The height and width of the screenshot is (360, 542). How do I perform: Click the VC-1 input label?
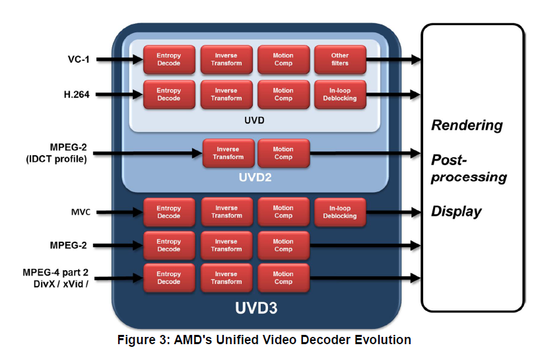click(x=77, y=59)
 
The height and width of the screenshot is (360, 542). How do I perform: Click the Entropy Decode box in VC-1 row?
click(x=169, y=59)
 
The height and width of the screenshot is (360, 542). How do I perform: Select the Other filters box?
click(x=340, y=59)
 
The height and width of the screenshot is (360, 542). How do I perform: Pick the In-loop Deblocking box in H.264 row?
click(x=340, y=94)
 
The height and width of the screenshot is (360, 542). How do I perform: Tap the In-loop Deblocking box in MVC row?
click(x=340, y=212)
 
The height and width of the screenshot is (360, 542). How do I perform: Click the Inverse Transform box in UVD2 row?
click(x=228, y=153)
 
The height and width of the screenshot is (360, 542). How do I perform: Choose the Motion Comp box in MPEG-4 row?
click(x=283, y=277)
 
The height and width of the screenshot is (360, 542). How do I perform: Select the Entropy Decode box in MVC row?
click(x=169, y=212)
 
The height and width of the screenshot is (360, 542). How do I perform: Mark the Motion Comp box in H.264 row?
click(x=283, y=94)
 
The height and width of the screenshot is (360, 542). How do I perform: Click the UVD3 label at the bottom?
click(x=255, y=308)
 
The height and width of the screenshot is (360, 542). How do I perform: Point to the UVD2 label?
click(x=254, y=178)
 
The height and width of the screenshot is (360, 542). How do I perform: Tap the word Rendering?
click(x=466, y=126)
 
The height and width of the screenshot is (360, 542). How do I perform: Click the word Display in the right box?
click(x=456, y=211)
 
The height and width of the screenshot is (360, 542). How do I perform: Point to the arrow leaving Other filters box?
click(x=393, y=59)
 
